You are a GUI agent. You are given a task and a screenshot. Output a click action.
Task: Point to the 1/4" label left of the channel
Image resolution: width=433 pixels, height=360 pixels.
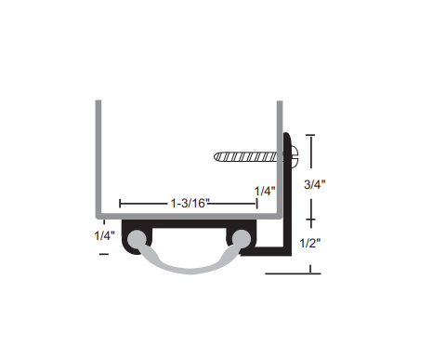(x=106, y=235)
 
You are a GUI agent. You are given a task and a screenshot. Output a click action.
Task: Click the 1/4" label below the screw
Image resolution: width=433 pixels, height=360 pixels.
(x=266, y=191)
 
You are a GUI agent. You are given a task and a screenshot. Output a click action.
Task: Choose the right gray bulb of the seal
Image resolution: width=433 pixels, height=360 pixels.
(x=243, y=241)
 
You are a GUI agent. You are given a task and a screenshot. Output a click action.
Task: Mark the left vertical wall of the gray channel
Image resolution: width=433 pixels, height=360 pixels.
(x=97, y=158)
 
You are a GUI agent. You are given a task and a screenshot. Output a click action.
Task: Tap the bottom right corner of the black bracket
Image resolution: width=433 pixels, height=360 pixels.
(x=289, y=255)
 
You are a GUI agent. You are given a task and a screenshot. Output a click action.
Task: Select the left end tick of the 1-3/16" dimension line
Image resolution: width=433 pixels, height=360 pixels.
(x=120, y=202)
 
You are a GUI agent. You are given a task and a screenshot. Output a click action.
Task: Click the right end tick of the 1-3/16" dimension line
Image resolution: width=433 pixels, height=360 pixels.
(x=257, y=202)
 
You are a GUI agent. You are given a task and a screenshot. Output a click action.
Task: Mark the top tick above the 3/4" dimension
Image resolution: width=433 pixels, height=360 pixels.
(x=310, y=137)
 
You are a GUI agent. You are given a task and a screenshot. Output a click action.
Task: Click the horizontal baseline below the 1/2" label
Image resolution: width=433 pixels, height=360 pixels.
(x=293, y=274)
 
